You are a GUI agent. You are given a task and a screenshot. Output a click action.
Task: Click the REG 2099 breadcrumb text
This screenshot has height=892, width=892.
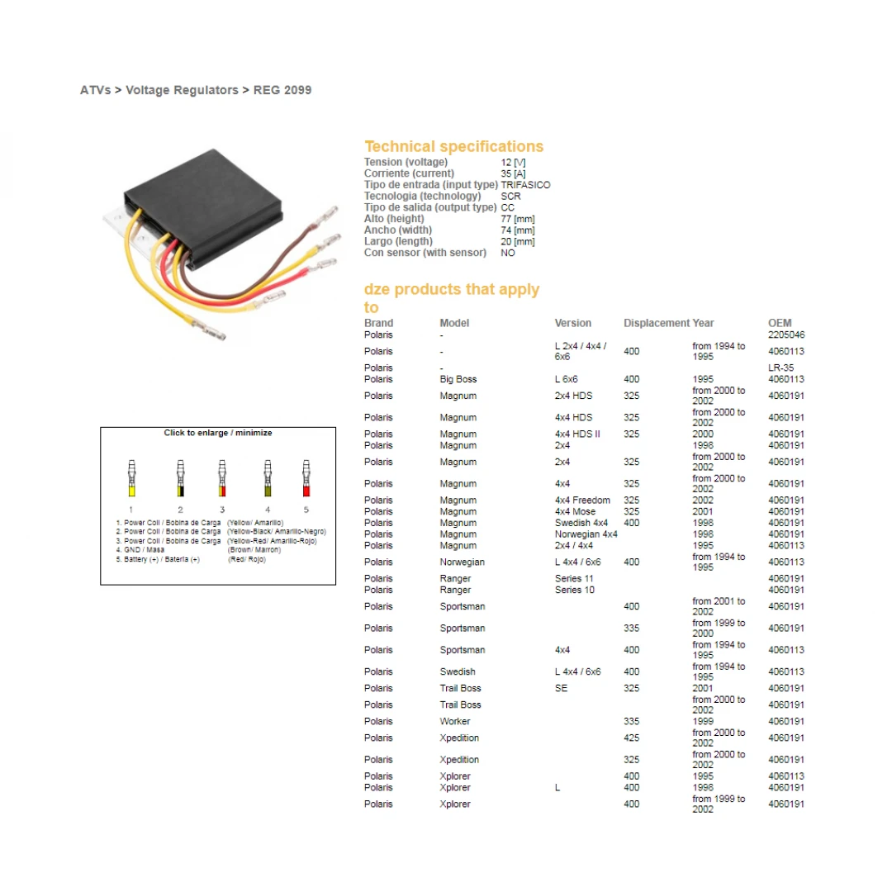(282, 90)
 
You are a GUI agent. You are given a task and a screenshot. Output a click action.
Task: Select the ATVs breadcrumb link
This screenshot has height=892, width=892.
(95, 90)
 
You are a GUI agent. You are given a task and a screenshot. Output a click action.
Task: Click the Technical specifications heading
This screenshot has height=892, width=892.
(453, 146)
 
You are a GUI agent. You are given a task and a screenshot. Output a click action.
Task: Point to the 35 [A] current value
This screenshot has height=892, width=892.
(513, 173)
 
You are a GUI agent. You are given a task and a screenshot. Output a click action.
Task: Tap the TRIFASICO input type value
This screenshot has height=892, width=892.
(525, 185)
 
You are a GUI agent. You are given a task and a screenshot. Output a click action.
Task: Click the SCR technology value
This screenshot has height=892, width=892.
(510, 197)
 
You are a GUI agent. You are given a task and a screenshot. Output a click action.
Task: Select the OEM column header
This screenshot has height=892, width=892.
(779, 323)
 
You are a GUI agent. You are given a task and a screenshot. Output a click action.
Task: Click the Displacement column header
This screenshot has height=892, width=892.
(656, 323)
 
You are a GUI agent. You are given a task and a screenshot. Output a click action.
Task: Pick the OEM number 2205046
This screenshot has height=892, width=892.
(786, 334)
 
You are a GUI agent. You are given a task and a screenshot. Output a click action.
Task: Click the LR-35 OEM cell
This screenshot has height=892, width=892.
(780, 368)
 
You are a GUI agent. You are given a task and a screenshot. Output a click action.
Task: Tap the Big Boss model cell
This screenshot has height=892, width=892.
(458, 379)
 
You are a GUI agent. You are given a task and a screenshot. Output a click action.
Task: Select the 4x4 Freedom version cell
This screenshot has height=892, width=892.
(582, 500)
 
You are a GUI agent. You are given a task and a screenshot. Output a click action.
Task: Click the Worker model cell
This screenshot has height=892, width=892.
(455, 721)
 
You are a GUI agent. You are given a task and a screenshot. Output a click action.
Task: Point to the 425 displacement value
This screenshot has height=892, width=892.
(631, 738)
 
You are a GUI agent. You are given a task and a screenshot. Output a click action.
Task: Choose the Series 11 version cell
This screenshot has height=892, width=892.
(574, 578)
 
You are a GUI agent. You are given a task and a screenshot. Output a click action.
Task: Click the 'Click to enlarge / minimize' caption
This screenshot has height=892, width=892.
(218, 433)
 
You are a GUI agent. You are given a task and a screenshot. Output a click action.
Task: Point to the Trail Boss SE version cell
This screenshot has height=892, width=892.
(562, 688)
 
